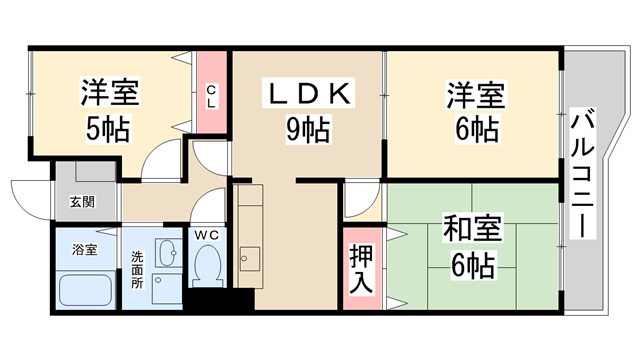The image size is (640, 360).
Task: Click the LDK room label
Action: [308, 94]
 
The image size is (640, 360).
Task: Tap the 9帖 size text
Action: [308, 128]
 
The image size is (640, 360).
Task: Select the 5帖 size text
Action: [108, 130]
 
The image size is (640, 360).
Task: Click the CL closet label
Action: [211, 97]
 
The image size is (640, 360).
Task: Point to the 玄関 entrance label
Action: [82, 202]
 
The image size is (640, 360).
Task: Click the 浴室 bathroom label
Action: [83, 248]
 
